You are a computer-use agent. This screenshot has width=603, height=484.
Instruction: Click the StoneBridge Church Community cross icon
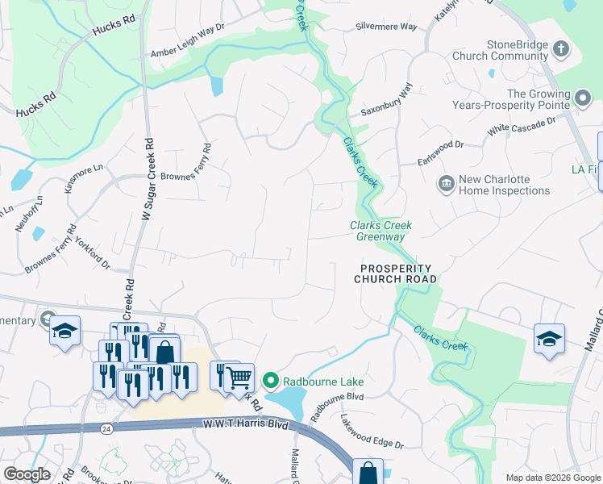click(561, 50)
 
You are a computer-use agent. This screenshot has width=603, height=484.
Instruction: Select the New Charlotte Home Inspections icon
click(445, 185)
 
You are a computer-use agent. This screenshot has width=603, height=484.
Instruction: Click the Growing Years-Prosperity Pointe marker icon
click(584, 98)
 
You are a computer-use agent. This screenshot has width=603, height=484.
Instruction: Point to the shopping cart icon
click(239, 377)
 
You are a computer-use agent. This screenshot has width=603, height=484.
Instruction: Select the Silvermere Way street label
click(386, 27)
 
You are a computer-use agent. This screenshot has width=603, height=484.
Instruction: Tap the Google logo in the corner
click(27, 474)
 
